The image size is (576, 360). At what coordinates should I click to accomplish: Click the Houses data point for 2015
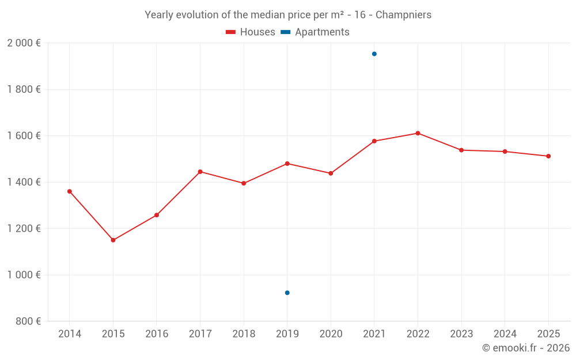tap(113, 240)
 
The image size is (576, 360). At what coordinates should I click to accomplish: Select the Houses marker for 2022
tap(418, 133)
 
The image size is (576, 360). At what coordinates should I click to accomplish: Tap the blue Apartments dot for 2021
tap(374, 54)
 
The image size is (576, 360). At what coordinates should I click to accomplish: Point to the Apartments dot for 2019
tap(287, 293)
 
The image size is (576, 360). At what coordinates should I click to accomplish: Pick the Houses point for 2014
tap(70, 191)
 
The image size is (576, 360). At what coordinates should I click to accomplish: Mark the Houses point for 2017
tap(200, 172)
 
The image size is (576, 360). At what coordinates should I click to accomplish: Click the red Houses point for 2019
tap(287, 164)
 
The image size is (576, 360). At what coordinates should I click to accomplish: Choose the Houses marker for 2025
tap(548, 156)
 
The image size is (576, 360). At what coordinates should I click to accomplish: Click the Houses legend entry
tap(251, 32)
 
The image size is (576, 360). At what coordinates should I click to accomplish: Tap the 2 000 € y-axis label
tap(24, 43)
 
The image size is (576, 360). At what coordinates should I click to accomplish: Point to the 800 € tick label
tap(28, 321)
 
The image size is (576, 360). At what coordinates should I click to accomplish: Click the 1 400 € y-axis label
tap(24, 182)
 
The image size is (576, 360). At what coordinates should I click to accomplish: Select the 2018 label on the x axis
tap(244, 334)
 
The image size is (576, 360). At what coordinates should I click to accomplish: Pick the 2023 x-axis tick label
tap(461, 334)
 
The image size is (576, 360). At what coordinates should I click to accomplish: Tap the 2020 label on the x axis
tap(331, 334)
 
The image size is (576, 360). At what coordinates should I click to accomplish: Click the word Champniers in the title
tap(403, 15)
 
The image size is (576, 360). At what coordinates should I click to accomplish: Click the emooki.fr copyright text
tap(526, 348)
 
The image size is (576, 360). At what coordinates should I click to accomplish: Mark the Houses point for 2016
tap(157, 215)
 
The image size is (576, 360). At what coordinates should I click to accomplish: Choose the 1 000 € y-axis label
tap(24, 275)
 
